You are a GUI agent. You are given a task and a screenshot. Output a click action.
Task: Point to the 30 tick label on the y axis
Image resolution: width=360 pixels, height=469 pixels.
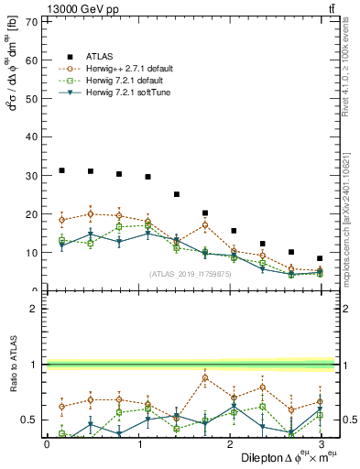30,175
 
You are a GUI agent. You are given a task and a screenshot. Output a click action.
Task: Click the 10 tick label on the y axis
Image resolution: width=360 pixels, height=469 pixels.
30,252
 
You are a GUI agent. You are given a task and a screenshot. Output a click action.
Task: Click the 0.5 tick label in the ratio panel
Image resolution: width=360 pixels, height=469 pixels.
27,420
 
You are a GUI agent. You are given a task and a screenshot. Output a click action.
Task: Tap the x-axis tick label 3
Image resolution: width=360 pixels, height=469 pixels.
320,443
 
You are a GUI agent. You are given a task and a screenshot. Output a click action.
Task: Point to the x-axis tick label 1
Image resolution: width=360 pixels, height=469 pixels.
137,443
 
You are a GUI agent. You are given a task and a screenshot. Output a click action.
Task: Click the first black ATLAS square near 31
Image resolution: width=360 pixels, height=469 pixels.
61,170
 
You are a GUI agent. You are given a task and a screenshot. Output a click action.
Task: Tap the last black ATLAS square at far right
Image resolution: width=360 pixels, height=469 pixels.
320,258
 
